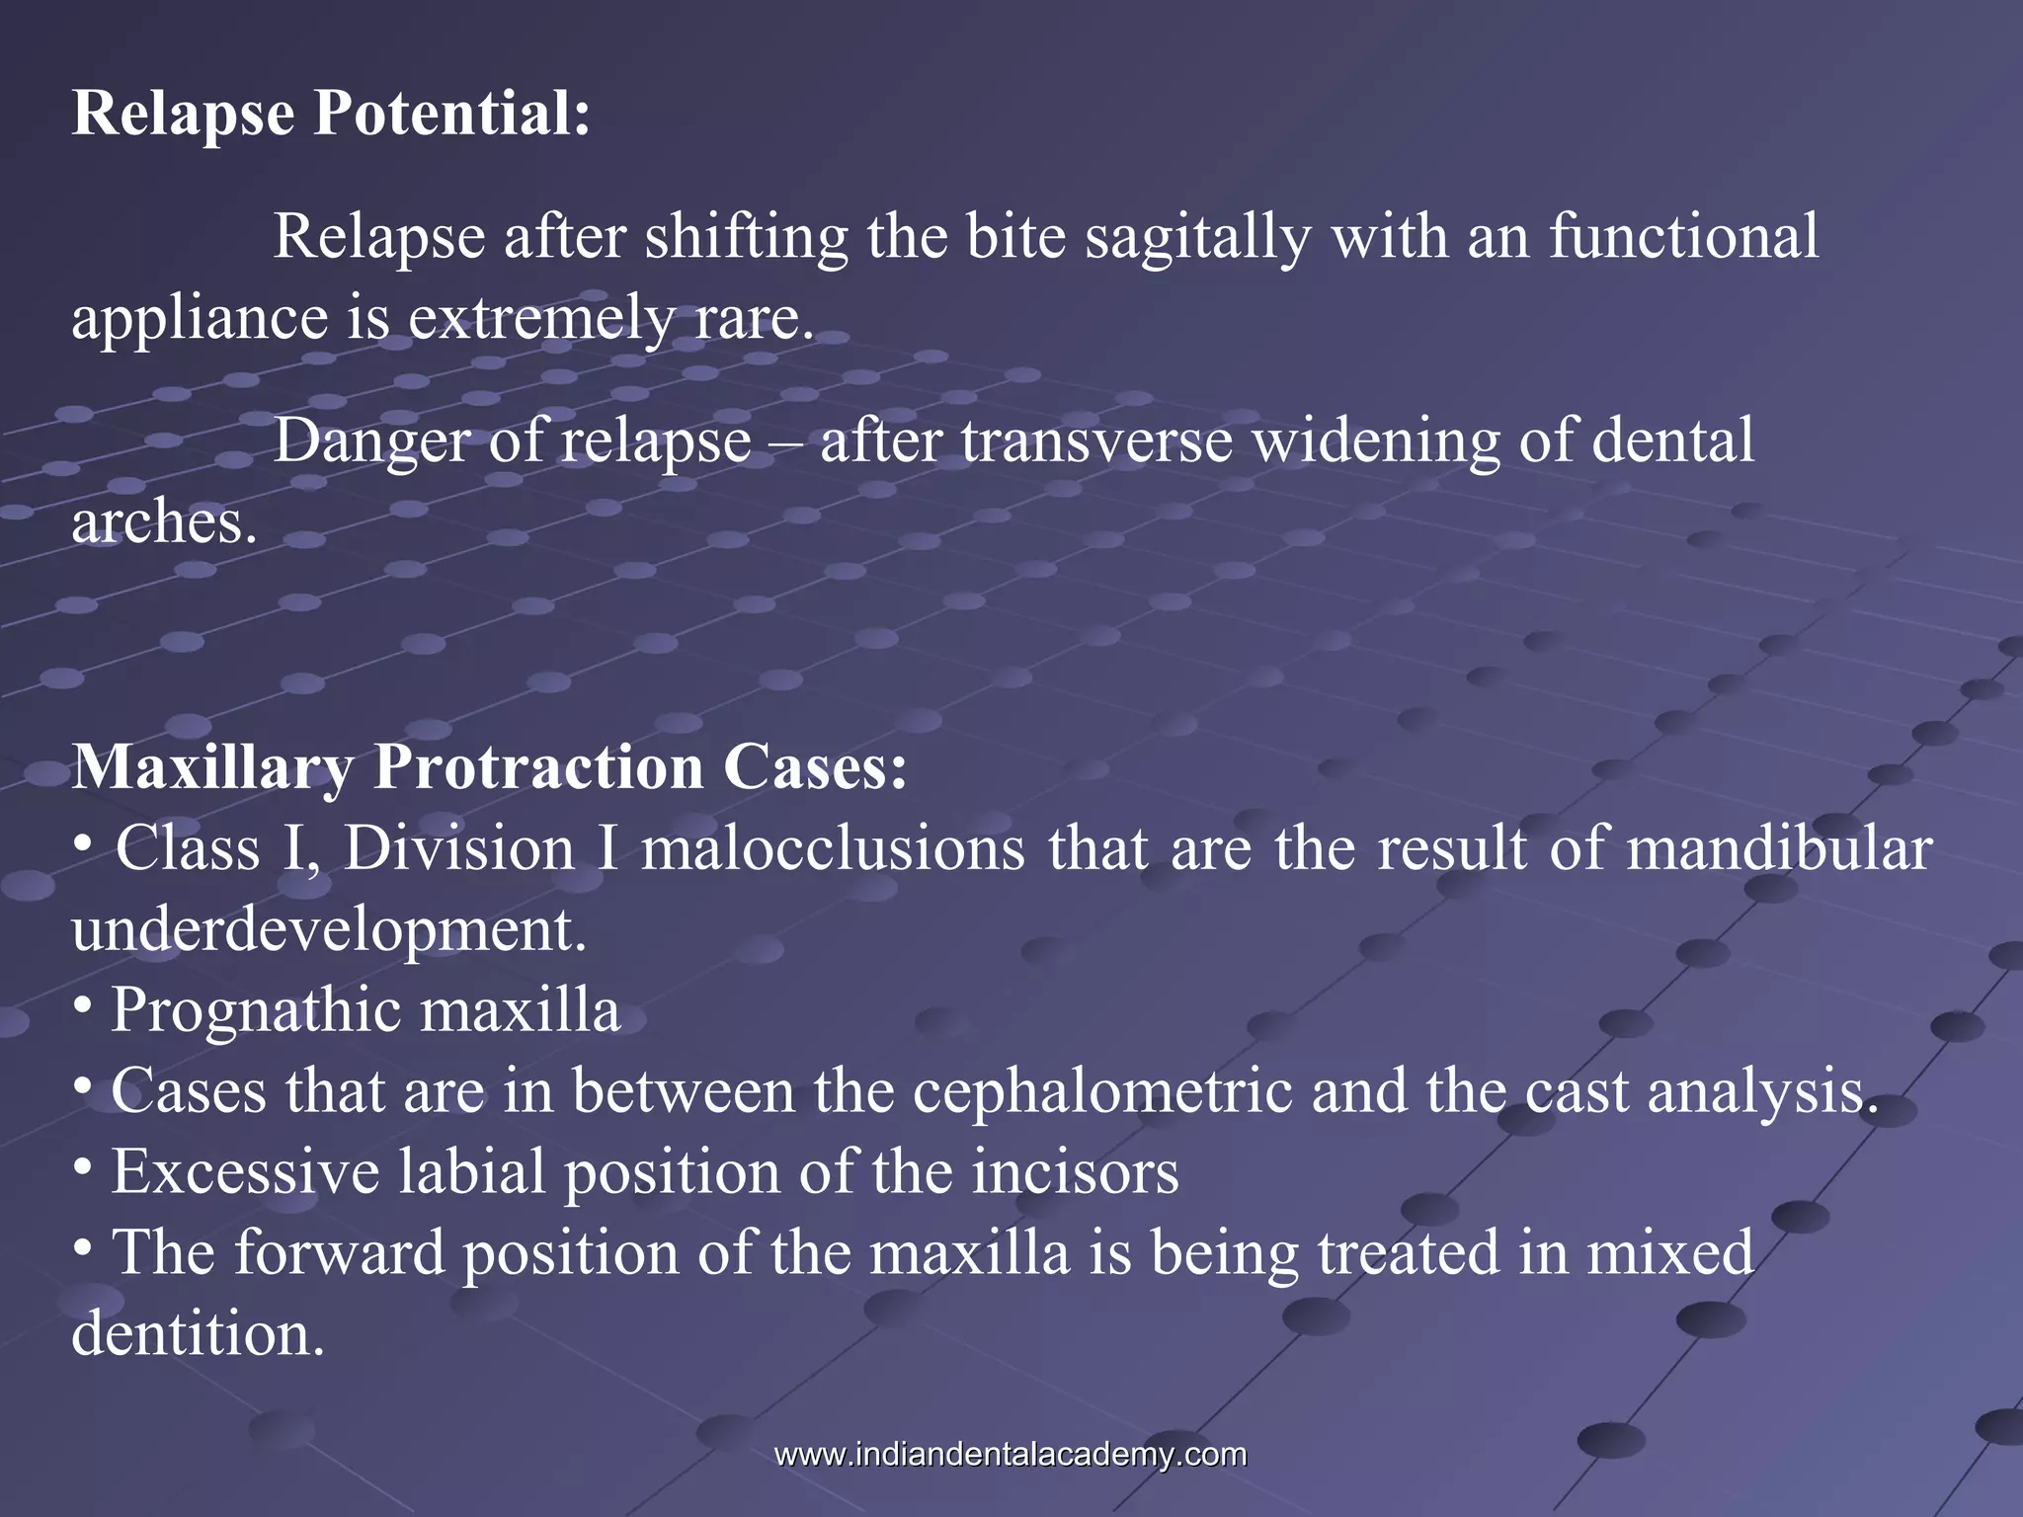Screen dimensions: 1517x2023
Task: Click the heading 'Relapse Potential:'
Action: point(331,113)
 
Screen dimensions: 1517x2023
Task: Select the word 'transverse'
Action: point(1096,440)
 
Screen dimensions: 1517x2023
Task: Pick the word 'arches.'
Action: point(164,522)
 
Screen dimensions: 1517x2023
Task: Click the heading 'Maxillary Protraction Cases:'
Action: point(489,767)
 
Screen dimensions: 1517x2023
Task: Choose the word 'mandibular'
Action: point(1779,849)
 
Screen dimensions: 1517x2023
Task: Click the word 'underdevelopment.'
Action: point(329,930)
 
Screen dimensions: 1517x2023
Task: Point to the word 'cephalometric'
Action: point(1101,1092)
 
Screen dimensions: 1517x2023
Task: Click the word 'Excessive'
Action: point(245,1173)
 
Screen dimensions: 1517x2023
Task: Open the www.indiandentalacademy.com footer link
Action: point(1011,1455)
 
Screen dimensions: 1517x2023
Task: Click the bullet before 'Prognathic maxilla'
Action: point(84,1007)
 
